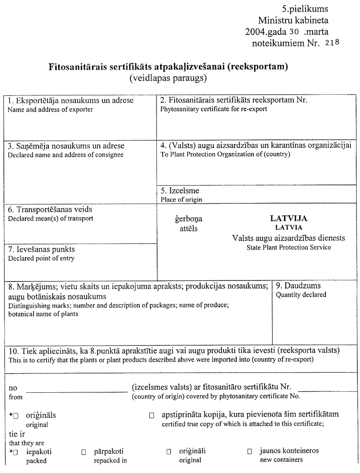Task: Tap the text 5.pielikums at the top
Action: [305, 9]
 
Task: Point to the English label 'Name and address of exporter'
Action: [51, 109]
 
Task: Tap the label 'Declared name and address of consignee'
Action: [66, 155]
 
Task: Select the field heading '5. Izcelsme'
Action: [180, 191]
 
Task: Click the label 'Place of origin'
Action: [181, 199]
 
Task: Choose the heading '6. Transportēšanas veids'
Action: [50, 210]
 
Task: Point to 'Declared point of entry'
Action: [42, 258]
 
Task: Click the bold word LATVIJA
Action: [289, 218]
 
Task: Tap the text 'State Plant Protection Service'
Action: [288, 247]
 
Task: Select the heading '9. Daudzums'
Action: [298, 286]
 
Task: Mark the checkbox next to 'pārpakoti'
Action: [84, 452]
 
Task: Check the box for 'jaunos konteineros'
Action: [250, 452]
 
